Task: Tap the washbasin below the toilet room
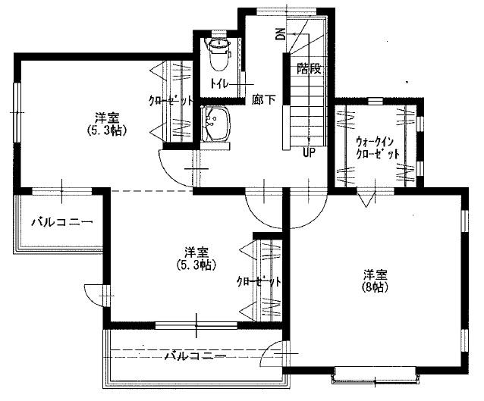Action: coord(218,122)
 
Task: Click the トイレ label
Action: coord(222,83)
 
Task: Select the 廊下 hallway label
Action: coord(263,99)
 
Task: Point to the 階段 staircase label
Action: coord(309,68)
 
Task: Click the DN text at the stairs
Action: coord(280,33)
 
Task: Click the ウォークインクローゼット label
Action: coord(377,147)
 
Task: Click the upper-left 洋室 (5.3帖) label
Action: coord(106,123)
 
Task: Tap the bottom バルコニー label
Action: coord(195,354)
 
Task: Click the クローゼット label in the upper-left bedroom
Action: coord(171,100)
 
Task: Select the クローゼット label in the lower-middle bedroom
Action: coord(259,280)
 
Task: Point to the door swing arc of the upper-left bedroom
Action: coord(173,166)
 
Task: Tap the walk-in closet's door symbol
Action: coord(366,199)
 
